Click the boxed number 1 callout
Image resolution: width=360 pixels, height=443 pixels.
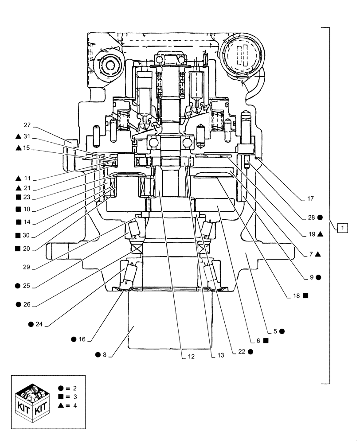tap(343, 228)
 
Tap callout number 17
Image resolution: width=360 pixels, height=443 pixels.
tap(309, 199)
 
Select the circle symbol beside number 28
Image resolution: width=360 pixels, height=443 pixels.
tap(320, 218)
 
